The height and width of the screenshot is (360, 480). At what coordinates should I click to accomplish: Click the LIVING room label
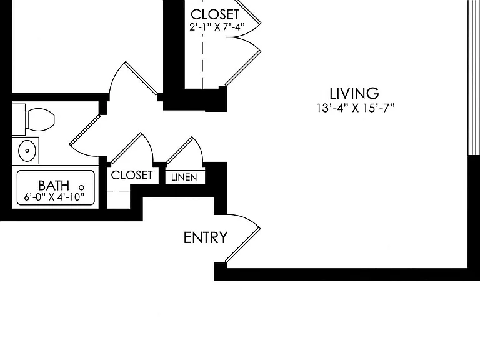click(x=354, y=93)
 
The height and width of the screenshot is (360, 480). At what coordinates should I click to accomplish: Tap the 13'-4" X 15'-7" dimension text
click(x=356, y=108)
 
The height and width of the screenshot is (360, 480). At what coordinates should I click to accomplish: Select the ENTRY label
click(x=206, y=237)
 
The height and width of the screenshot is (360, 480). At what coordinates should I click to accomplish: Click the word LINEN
click(x=184, y=177)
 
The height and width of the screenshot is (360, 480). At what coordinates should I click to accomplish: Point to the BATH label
click(x=54, y=186)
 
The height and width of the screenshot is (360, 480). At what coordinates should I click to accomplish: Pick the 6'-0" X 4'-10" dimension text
click(x=54, y=197)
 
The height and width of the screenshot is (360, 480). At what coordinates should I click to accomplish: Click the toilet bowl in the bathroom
click(x=41, y=119)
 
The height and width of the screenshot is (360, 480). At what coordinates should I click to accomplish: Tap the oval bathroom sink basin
click(x=27, y=151)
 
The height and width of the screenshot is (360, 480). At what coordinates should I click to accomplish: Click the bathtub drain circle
click(x=81, y=187)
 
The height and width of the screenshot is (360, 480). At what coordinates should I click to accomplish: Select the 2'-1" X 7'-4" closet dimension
click(x=217, y=27)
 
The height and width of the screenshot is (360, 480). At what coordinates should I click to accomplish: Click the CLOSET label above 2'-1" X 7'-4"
click(x=215, y=14)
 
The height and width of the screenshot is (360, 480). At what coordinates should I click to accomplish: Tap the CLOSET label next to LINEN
click(x=132, y=175)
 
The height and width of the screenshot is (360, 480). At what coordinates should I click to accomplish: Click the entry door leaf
click(x=242, y=245)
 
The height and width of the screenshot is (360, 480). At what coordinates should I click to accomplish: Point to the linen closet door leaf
click(x=179, y=150)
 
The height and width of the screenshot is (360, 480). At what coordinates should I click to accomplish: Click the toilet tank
click(x=19, y=119)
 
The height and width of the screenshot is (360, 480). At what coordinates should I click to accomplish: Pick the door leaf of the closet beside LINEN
click(x=126, y=148)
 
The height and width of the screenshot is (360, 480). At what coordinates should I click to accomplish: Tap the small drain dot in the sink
click(x=27, y=151)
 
